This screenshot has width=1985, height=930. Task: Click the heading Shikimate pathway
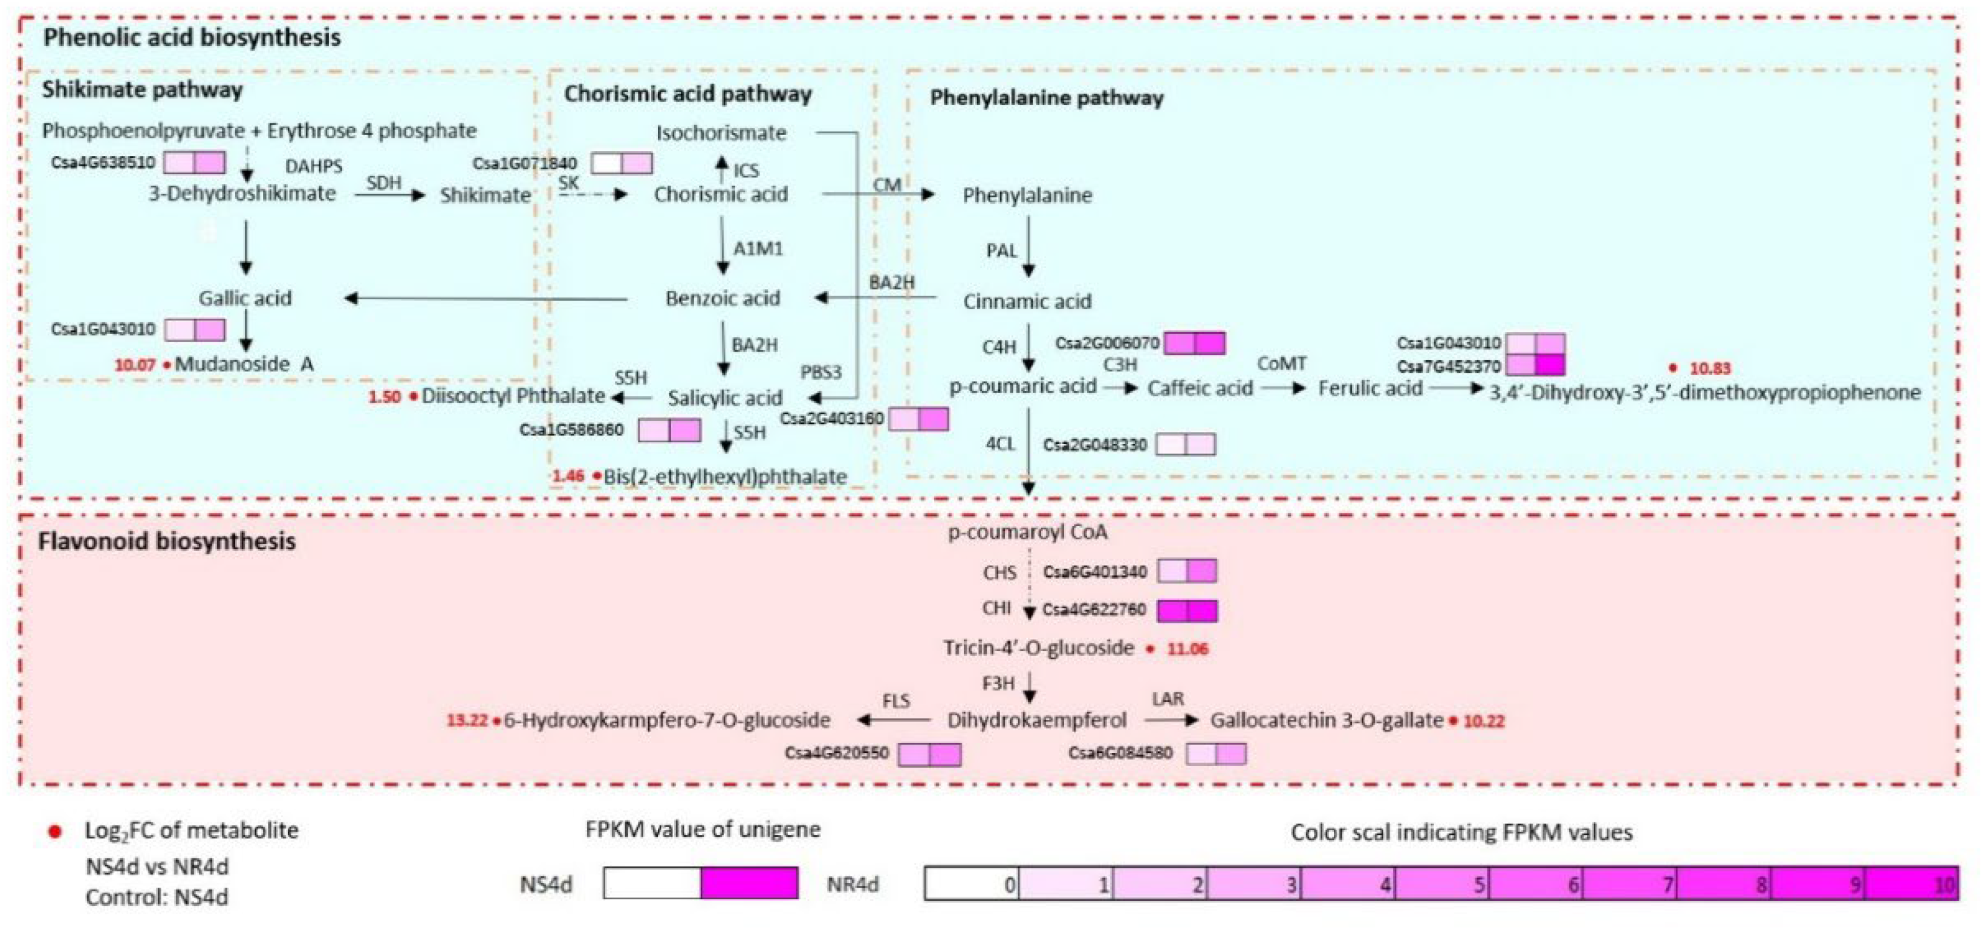pos(143,90)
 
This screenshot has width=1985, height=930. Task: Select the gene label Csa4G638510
pos(103,163)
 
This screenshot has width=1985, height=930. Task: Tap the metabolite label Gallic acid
pos(245,298)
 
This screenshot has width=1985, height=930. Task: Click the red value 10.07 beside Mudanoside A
pos(135,365)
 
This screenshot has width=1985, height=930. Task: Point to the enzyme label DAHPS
pos(314,166)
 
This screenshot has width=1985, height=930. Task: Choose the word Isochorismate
pos(721,133)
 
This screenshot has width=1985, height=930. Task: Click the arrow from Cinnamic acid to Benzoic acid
pos(876,298)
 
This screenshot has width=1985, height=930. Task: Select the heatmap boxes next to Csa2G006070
pos(1194,343)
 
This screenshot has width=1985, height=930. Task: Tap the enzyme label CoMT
pos(1281,363)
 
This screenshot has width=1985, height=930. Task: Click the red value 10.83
pos(1710,368)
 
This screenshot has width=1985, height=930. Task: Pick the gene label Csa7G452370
pos(1449,365)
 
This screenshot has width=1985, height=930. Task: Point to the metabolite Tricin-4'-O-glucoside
pos(1039,648)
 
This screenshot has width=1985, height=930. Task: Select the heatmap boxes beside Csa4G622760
pos(1187,610)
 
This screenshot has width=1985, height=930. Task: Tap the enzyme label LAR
pos(1168,699)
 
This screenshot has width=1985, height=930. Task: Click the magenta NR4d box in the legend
pos(749,883)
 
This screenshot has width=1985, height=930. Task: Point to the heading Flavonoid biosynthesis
pos(166,541)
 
